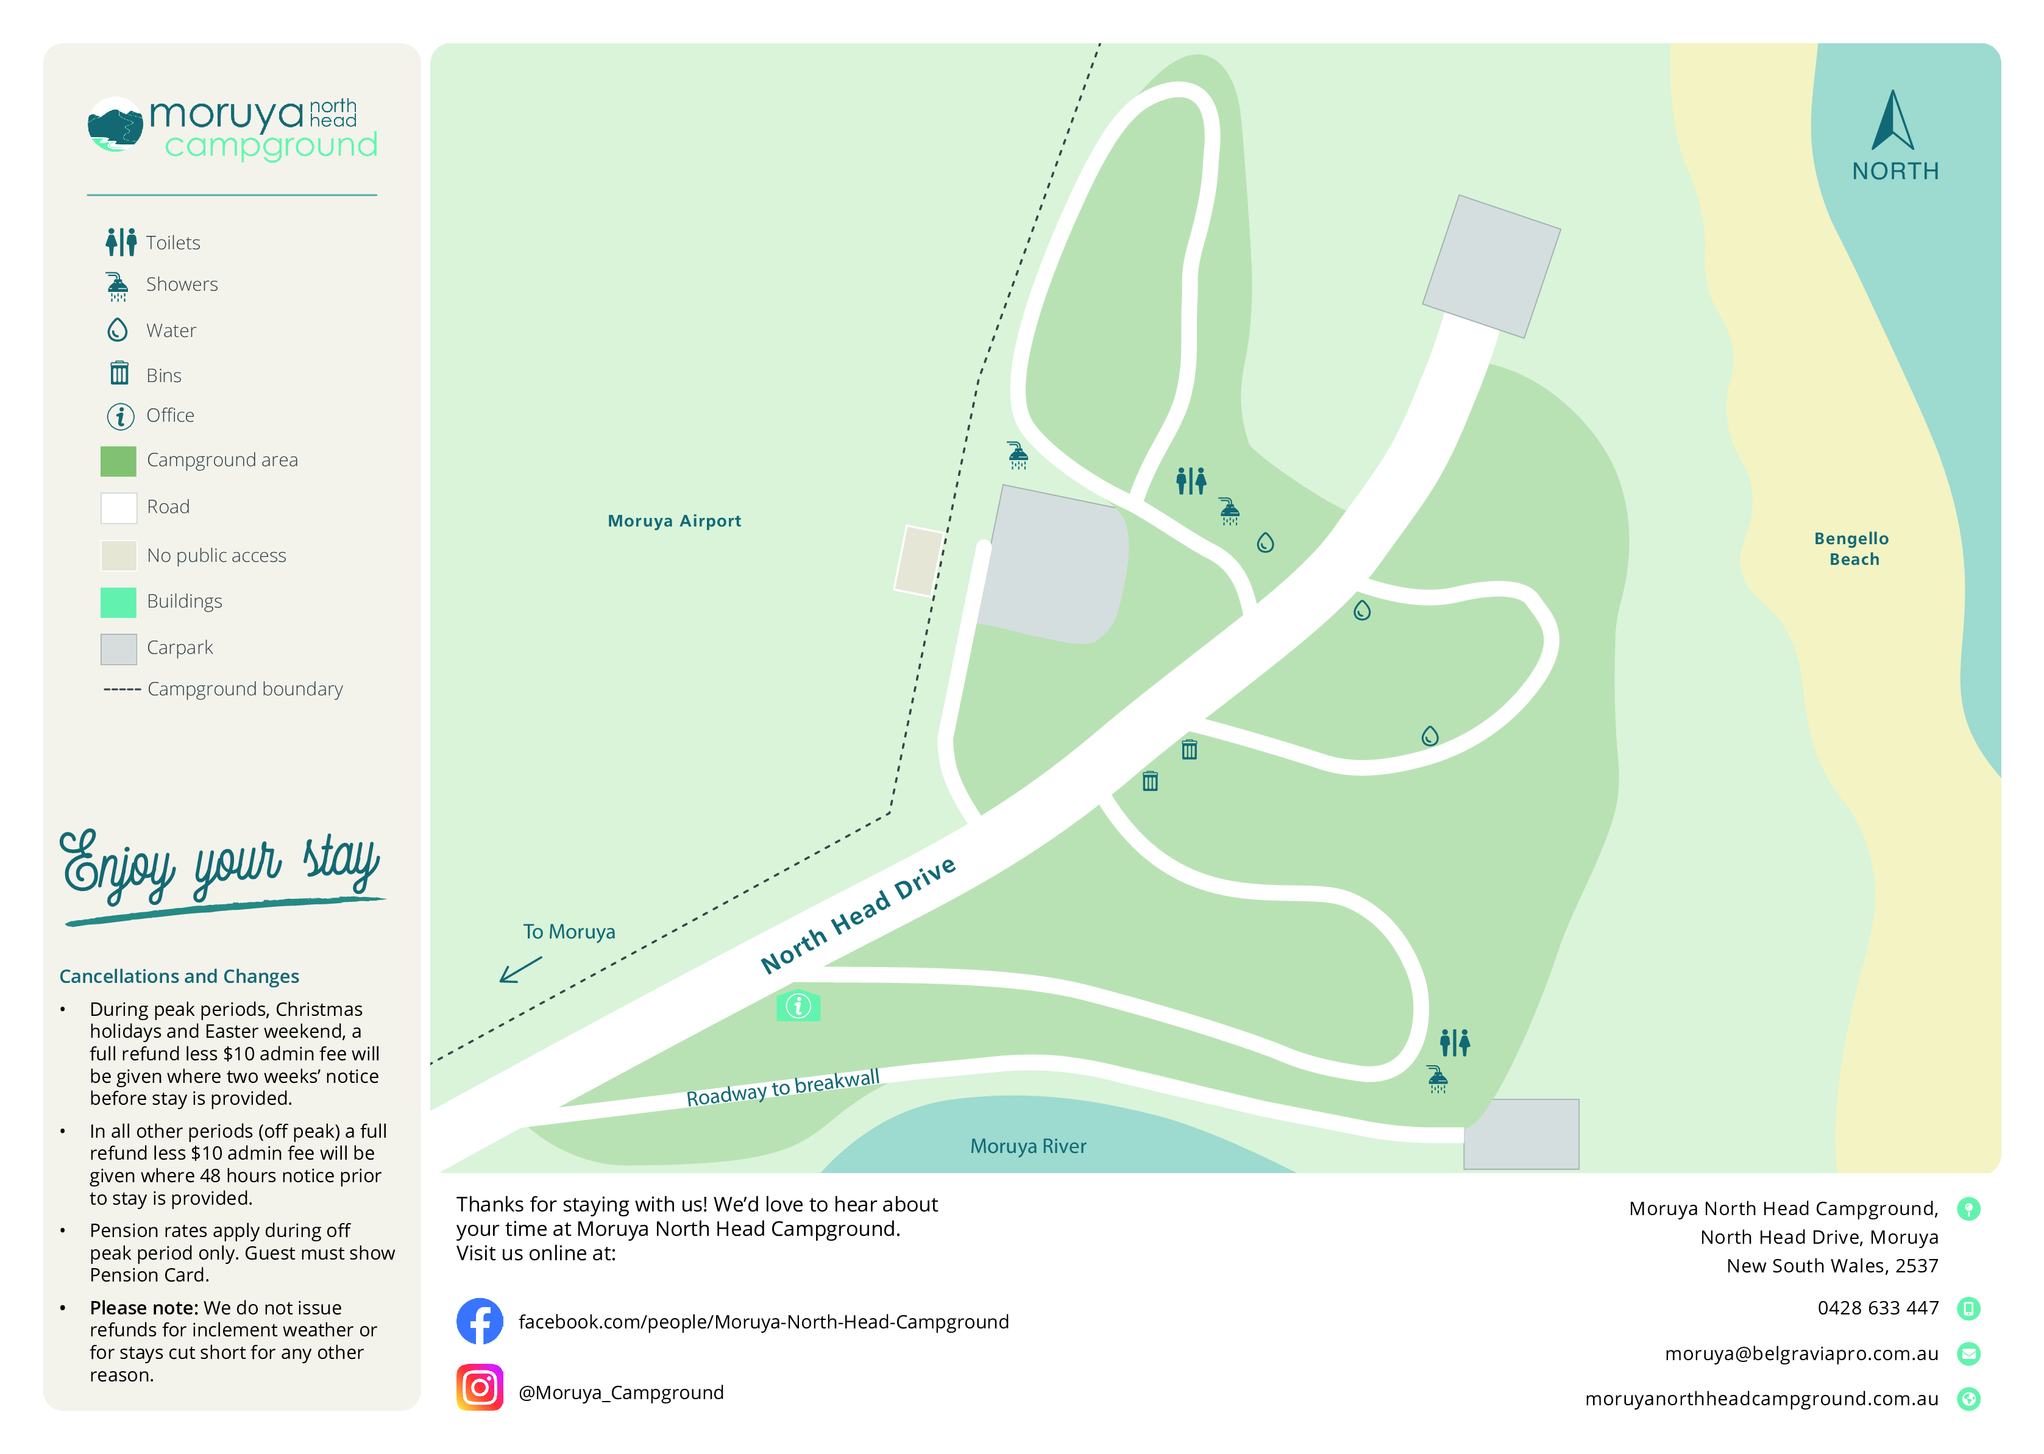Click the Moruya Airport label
[673, 521]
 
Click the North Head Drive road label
[857, 915]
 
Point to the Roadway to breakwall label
[782, 1088]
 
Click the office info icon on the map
[798, 1006]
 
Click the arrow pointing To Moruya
[520, 970]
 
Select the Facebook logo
[480, 1322]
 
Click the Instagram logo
[480, 1388]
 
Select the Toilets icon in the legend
[121, 242]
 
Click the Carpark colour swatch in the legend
[118, 648]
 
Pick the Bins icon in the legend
[119, 374]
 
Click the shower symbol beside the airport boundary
[1018, 455]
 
